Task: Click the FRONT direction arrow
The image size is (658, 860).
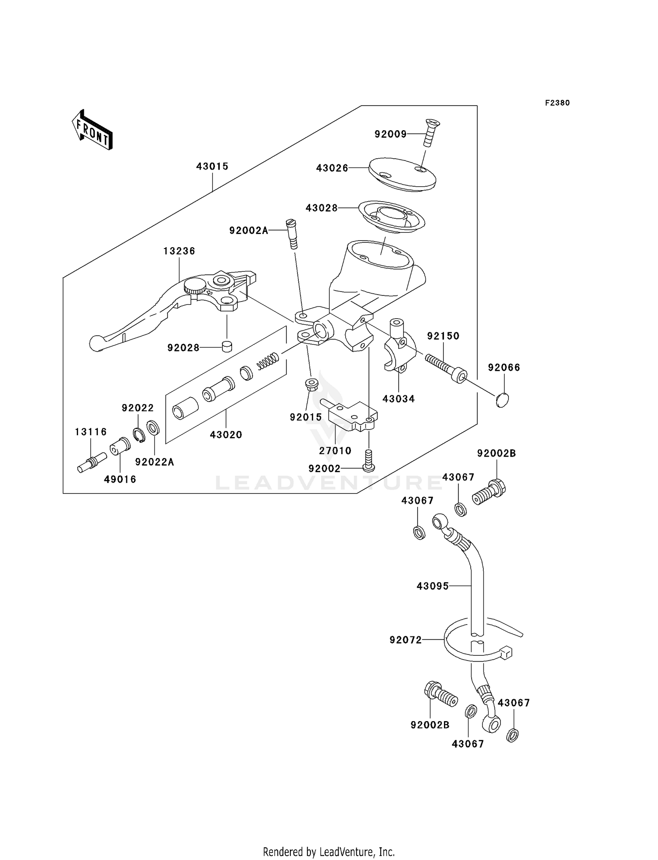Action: coord(92,130)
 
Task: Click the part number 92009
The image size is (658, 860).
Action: coord(390,134)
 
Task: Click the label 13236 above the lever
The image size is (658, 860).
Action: coord(179,251)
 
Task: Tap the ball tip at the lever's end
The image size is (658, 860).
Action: coord(95,342)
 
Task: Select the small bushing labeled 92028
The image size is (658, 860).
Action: coord(226,346)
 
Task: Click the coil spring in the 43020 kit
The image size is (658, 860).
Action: coord(268,360)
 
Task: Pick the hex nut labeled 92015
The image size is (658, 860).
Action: coord(311,384)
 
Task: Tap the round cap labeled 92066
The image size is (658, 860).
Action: coord(502,400)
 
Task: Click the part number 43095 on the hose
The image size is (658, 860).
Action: coord(433,586)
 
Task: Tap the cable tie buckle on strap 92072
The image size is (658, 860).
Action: coord(506,652)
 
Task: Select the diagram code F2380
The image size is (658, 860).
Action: coord(557,103)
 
